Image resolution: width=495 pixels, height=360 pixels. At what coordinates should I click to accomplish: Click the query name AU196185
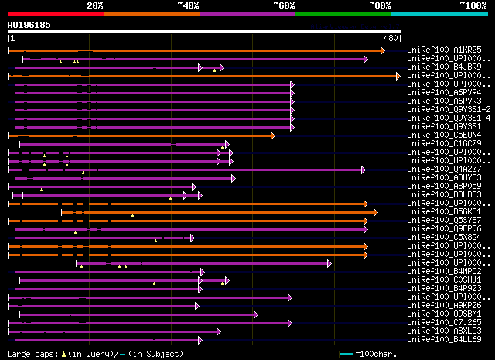(x=29, y=25)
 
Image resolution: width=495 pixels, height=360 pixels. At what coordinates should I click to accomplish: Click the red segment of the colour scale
(x=54, y=13)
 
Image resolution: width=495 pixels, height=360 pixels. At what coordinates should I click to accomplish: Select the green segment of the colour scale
(x=343, y=13)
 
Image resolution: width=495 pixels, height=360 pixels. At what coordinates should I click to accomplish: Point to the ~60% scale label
(x=284, y=5)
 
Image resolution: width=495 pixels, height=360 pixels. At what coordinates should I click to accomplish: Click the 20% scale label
(x=95, y=5)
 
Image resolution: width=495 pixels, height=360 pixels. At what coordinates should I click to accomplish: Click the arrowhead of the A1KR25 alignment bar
(x=382, y=50)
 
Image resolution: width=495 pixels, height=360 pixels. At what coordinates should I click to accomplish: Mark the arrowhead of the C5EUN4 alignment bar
(x=273, y=135)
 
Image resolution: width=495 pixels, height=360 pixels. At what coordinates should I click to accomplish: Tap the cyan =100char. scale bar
(x=346, y=355)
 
